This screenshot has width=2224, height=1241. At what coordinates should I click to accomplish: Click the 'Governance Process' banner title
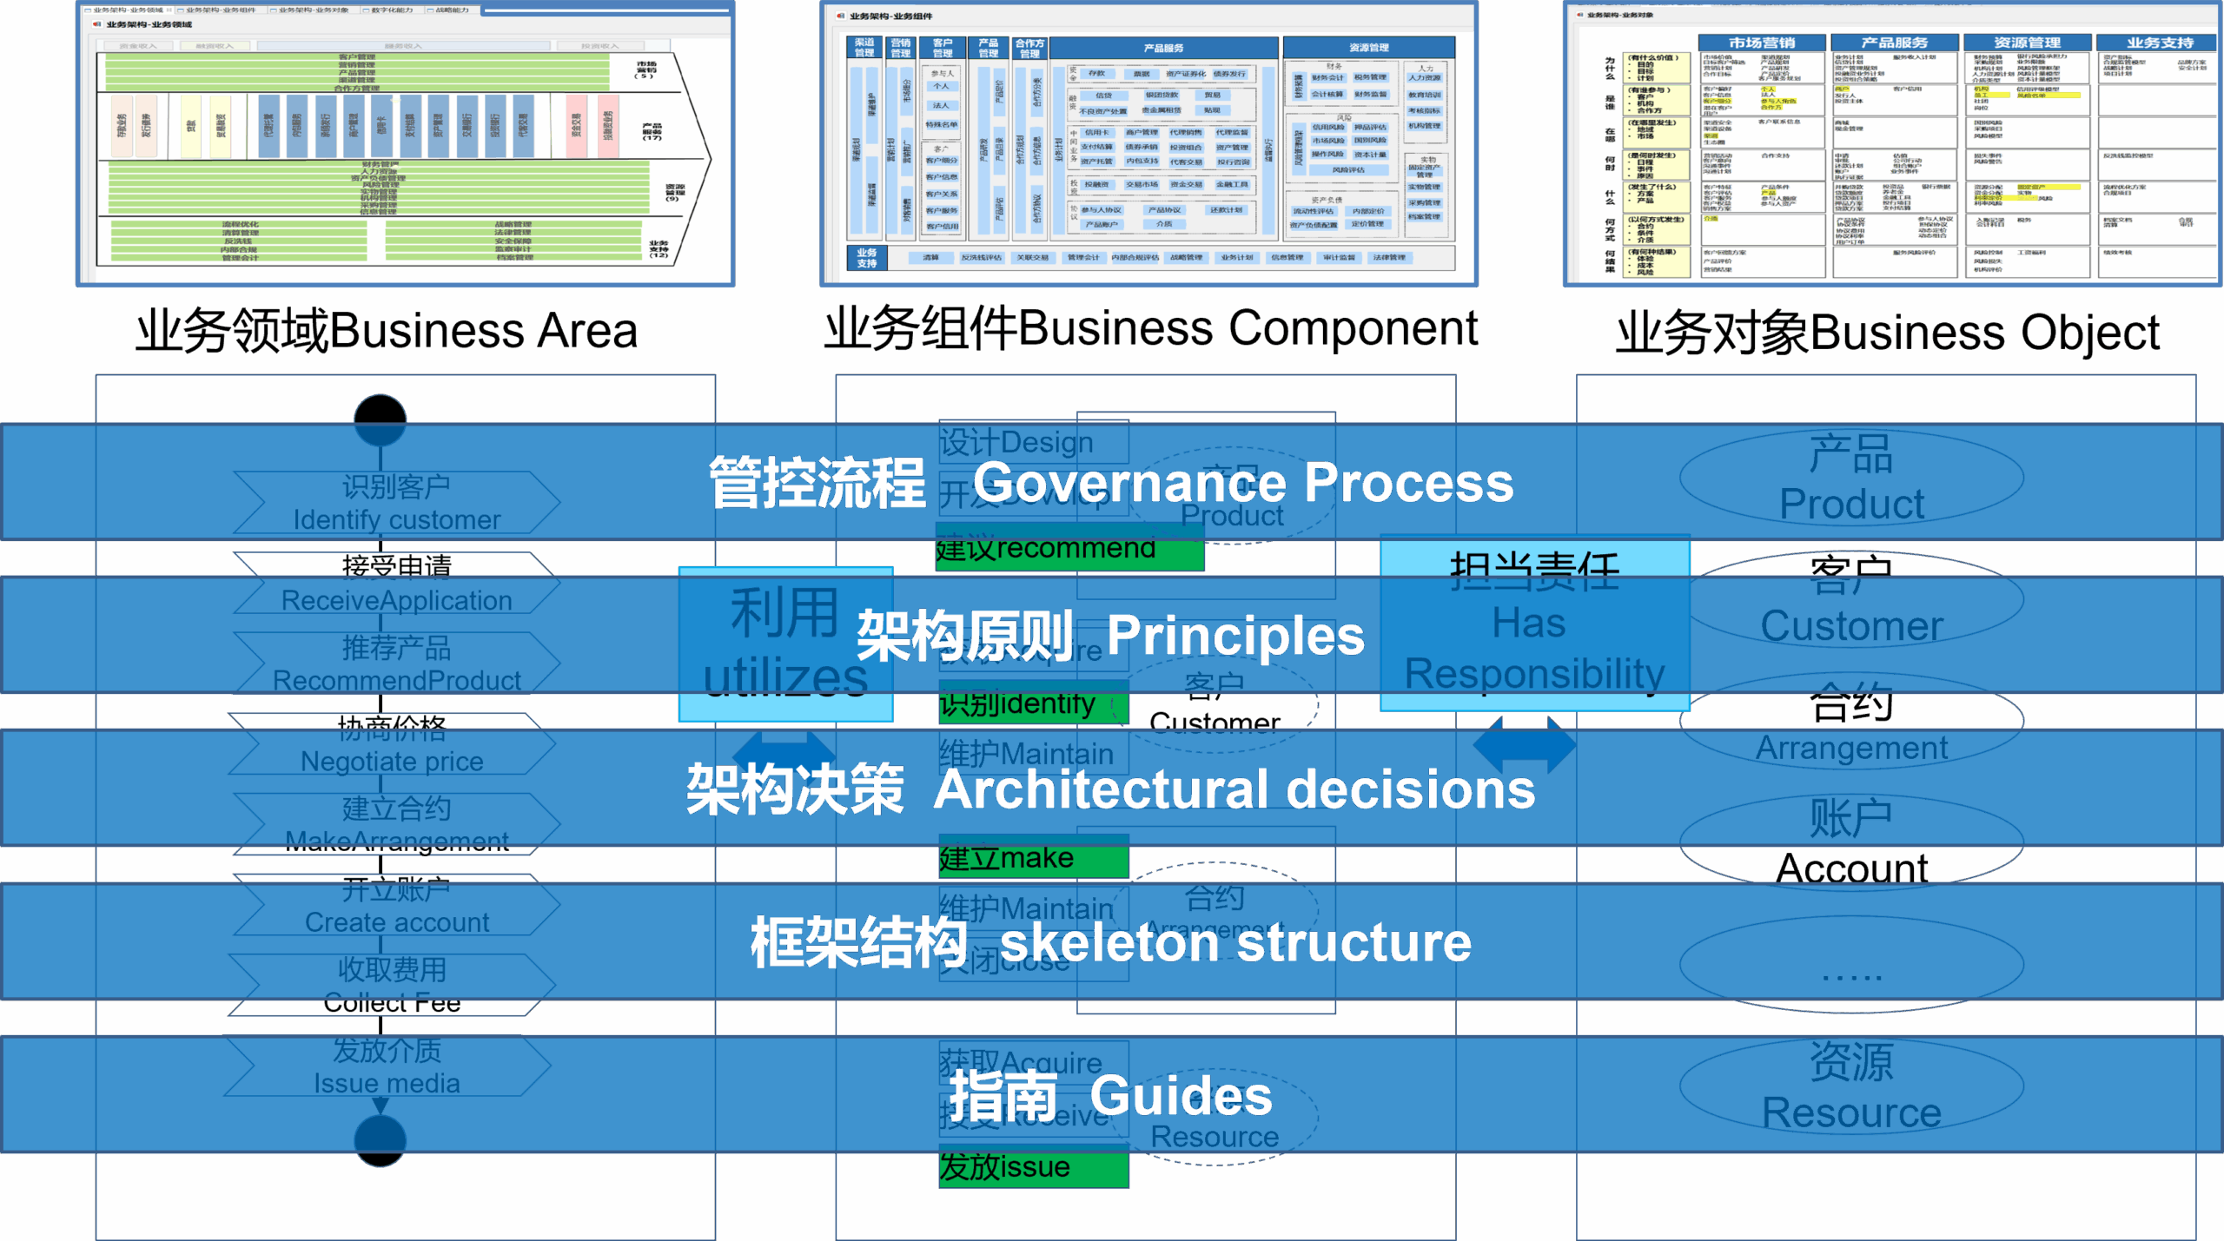coord(1242,483)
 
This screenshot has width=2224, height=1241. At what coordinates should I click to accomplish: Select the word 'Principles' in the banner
coord(1235,636)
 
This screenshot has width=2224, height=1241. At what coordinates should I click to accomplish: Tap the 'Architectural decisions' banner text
coord(1234,789)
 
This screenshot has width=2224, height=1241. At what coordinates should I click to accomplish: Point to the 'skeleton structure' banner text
coord(1235,943)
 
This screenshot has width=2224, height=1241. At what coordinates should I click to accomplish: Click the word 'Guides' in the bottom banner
coord(1181,1096)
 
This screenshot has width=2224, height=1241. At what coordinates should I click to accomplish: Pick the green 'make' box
coord(1033,858)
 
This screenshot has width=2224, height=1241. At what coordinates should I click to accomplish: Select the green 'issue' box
coord(1033,1168)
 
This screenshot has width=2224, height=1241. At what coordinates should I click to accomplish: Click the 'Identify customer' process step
coord(396,504)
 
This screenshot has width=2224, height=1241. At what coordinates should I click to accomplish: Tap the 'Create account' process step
coord(396,908)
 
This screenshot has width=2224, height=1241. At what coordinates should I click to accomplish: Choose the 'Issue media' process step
coord(387,1067)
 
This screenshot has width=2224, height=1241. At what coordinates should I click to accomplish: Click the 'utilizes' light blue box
coord(785,644)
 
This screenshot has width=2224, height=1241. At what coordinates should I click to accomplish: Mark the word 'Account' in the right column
coord(1851,868)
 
